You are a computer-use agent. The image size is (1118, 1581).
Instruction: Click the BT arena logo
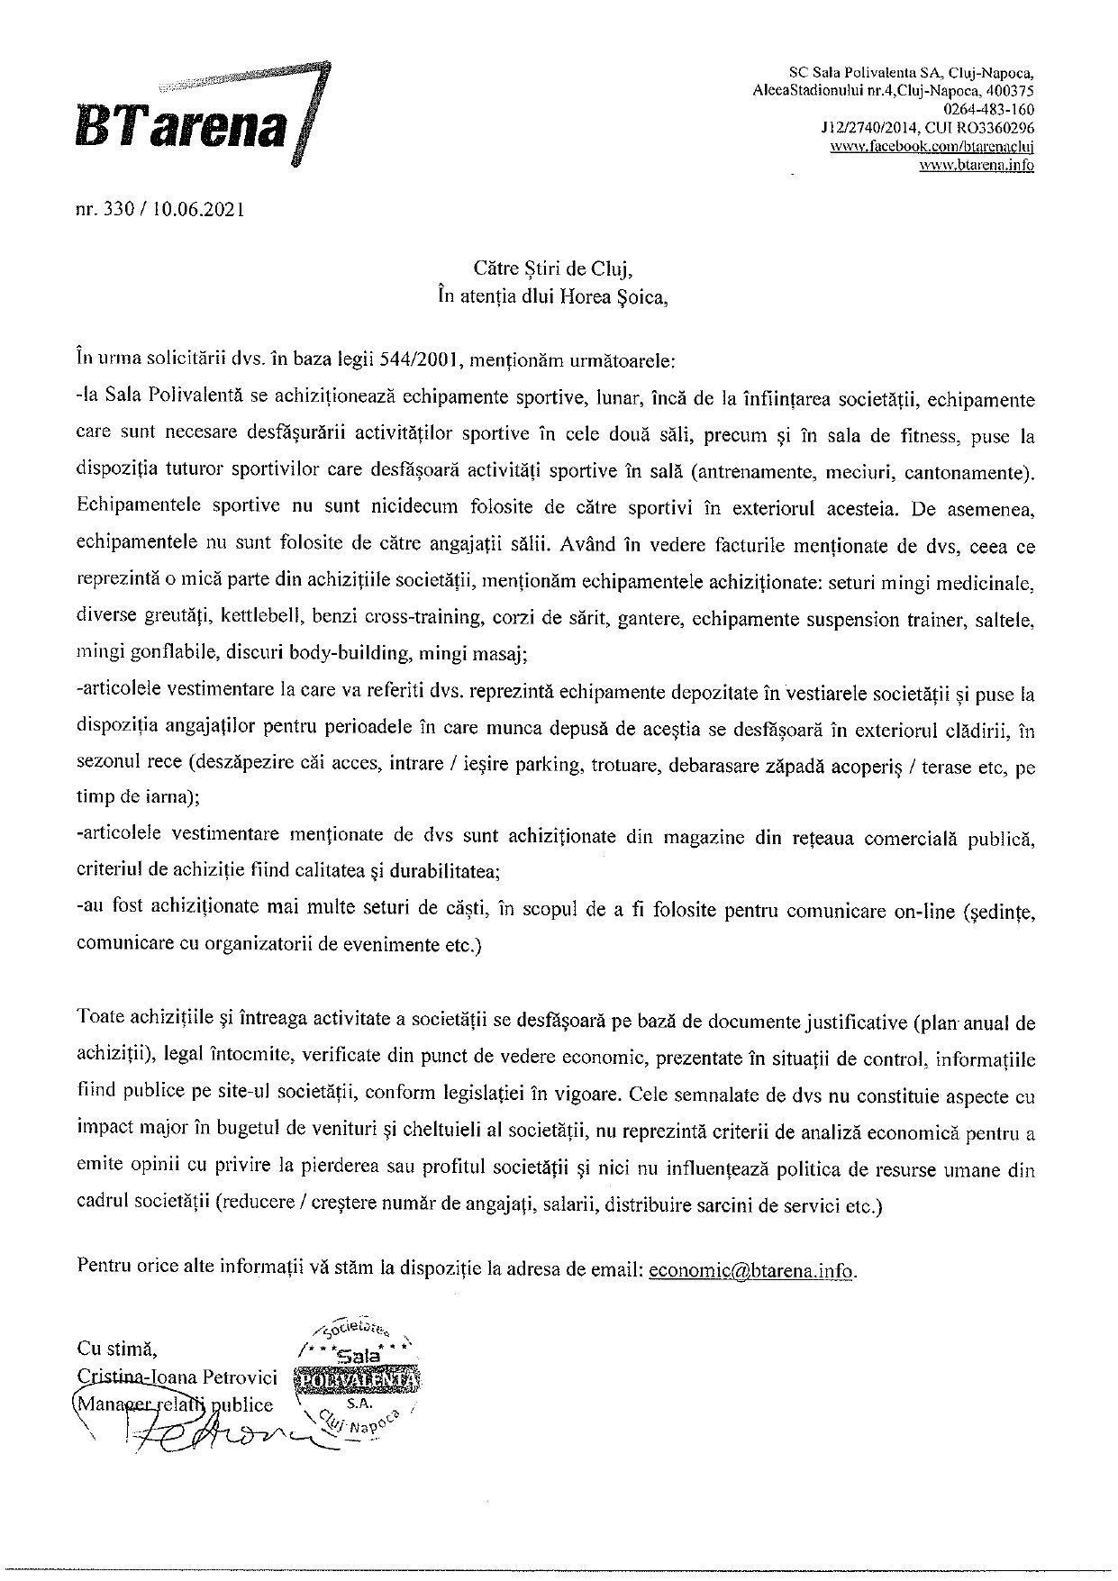point(239,115)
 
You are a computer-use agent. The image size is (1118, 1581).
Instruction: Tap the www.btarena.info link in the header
point(977,165)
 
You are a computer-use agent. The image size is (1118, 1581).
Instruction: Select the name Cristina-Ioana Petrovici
point(179,1377)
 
